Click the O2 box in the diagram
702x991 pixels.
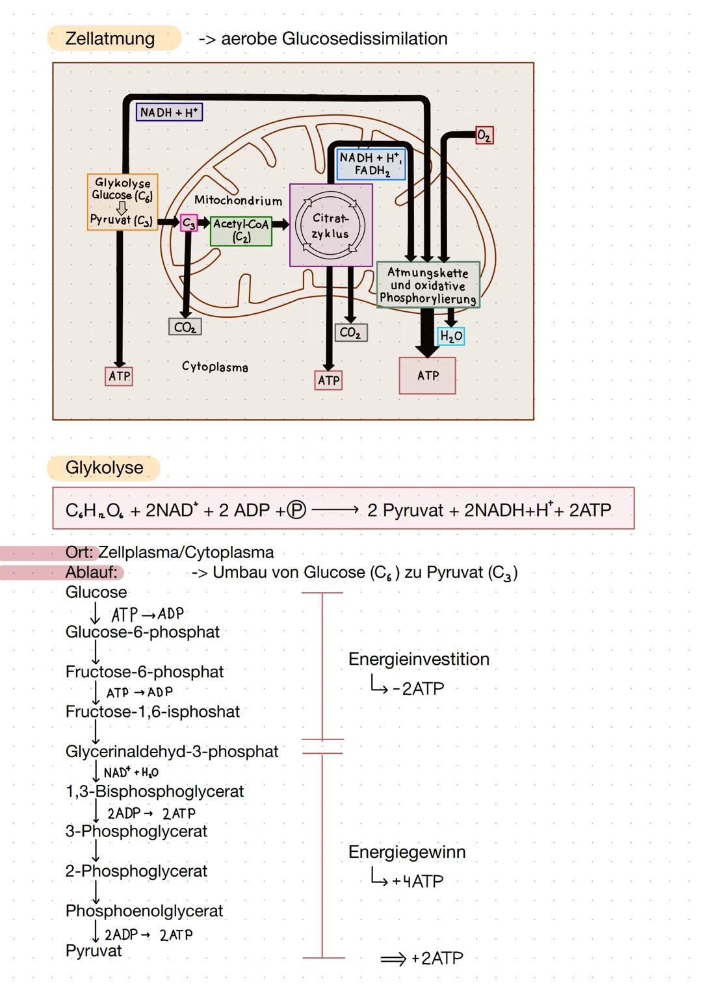[484, 135]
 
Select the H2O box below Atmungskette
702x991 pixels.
[451, 336]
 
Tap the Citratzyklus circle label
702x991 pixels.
[330, 225]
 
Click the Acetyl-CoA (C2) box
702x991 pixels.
[241, 231]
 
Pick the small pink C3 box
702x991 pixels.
[188, 223]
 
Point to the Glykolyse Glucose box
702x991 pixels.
[122, 201]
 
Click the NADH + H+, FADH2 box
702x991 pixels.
[371, 164]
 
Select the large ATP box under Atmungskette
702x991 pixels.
[428, 376]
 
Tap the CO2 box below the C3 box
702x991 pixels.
[185, 328]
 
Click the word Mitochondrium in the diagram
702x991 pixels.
[238, 201]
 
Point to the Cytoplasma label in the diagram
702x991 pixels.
[214, 367]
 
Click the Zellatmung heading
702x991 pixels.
[110, 38]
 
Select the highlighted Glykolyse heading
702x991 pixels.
[104, 468]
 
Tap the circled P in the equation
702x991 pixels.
[296, 511]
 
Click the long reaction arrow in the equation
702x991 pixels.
[335, 511]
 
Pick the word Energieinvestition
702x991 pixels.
[419, 659]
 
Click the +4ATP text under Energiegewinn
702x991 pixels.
[417, 881]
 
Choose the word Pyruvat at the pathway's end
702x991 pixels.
[94, 951]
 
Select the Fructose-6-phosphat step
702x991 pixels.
[144, 672]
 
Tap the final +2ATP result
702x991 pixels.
[436, 959]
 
